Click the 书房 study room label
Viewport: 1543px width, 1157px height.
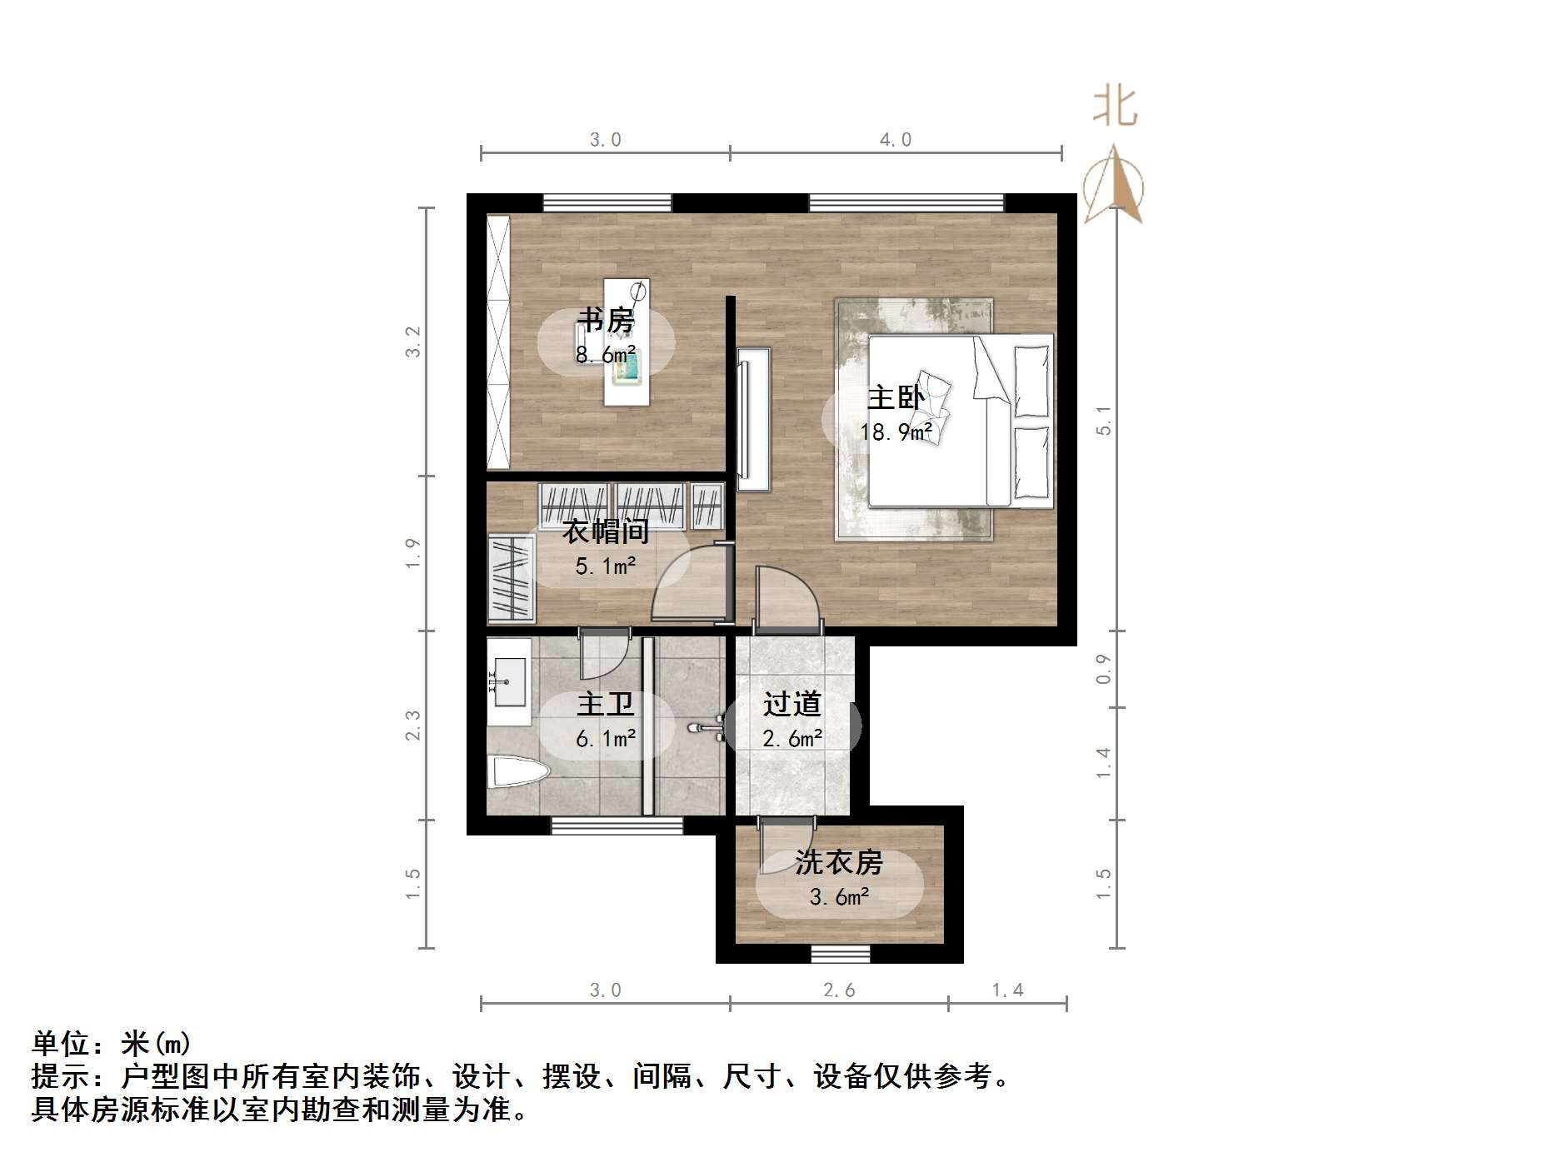point(606,319)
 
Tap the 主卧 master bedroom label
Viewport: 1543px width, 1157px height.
point(896,396)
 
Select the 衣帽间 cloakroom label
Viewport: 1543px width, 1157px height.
point(606,531)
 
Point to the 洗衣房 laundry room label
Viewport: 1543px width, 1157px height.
point(838,861)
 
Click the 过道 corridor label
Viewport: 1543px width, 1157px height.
point(792,704)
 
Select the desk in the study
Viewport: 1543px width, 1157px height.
point(627,342)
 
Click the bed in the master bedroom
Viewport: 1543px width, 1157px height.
point(960,421)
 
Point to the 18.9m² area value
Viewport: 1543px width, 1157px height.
point(896,432)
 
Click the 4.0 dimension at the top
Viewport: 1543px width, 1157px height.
point(896,140)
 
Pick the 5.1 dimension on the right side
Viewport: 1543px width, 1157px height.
point(1103,420)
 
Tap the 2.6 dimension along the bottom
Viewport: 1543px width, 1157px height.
point(839,990)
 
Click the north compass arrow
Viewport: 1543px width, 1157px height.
point(1114,186)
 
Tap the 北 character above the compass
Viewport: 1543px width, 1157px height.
point(1115,107)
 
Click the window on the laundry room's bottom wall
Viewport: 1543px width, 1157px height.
point(840,954)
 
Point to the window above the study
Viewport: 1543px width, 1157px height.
point(607,202)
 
